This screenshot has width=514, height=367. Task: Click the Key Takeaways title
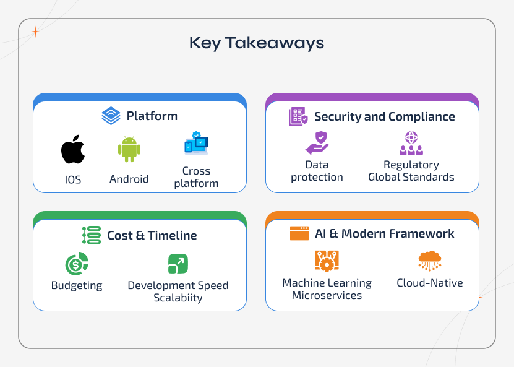pyautogui.click(x=256, y=43)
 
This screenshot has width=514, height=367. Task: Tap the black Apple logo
pyautogui.click(x=73, y=150)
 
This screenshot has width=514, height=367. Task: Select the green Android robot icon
pyautogui.click(x=129, y=150)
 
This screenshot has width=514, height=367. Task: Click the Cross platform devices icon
pyautogui.click(x=196, y=144)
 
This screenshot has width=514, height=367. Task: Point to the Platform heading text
pyautogui.click(x=152, y=116)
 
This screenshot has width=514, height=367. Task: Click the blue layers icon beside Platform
pyautogui.click(x=111, y=116)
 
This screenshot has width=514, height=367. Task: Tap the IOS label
pyautogui.click(x=73, y=180)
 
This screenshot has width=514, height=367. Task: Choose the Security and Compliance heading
pyautogui.click(x=384, y=117)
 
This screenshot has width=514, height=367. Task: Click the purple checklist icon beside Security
pyautogui.click(x=298, y=116)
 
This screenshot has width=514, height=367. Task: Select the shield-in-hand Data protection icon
pyautogui.click(x=317, y=143)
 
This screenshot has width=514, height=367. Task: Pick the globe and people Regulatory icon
pyautogui.click(x=411, y=143)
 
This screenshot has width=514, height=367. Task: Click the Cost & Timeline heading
pyautogui.click(x=152, y=236)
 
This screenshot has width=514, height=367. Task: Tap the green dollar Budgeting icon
pyautogui.click(x=77, y=264)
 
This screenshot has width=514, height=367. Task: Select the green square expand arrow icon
pyautogui.click(x=178, y=264)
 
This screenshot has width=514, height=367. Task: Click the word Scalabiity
pyautogui.click(x=178, y=298)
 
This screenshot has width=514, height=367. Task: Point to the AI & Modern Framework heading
pyautogui.click(x=384, y=234)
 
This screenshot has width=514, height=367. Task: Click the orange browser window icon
pyautogui.click(x=299, y=233)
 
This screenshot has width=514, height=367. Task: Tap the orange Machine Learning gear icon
pyautogui.click(x=327, y=261)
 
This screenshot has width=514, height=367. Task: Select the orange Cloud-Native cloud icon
pyautogui.click(x=430, y=261)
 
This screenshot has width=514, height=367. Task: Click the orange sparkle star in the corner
pyautogui.click(x=35, y=32)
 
